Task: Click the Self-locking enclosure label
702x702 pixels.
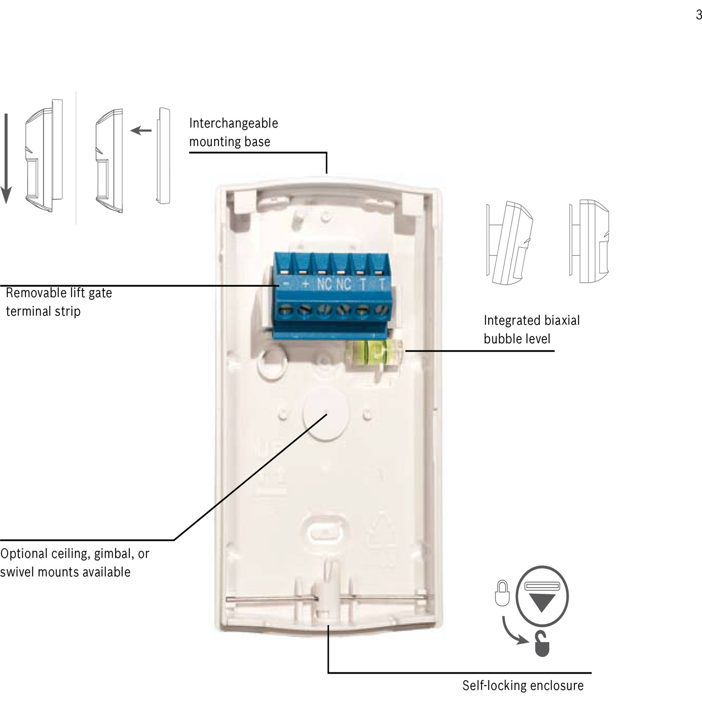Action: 523,685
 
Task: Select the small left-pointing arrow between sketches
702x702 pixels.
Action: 141,130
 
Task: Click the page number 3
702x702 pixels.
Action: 698,15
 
